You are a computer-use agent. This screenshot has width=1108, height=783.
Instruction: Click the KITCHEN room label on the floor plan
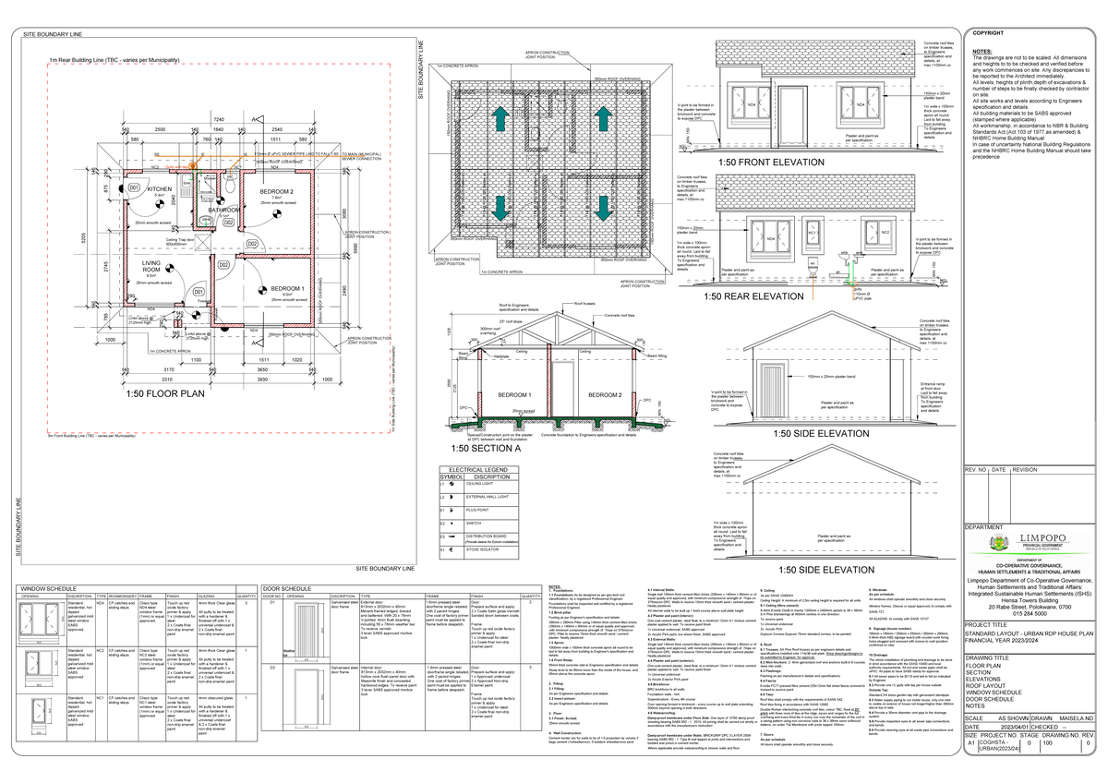pyautogui.click(x=160, y=188)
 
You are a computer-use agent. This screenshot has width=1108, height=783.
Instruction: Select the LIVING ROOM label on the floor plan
pyautogui.click(x=152, y=266)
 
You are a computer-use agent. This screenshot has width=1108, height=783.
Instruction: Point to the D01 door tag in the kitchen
pyautogui.click(x=134, y=188)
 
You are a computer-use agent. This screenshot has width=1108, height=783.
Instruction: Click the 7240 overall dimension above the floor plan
pyautogui.click(x=220, y=120)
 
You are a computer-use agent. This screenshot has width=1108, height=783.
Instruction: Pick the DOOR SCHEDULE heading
pyautogui.click(x=286, y=588)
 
